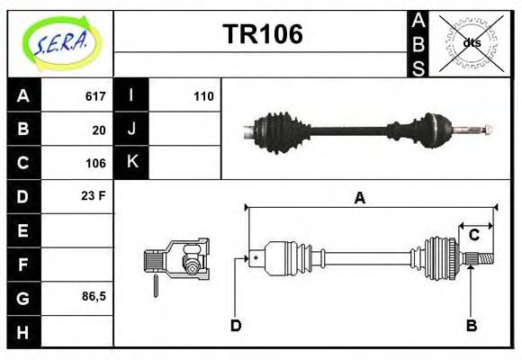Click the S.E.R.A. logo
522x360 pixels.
coord(59,42)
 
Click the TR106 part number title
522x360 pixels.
coord(262,35)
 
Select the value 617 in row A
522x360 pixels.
coord(95,96)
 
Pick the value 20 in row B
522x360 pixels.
coord(99,130)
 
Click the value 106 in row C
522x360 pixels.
coord(95,163)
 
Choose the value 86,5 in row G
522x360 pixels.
coord(94,295)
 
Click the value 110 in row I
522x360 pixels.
coord(203,96)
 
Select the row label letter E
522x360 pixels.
coord(22,230)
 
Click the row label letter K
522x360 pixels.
coord(132,162)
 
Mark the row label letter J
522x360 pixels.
coord(132,129)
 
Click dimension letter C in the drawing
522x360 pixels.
coord(473,236)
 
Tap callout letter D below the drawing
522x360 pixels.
coord(236,325)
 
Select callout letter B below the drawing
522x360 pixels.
coord(471,325)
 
